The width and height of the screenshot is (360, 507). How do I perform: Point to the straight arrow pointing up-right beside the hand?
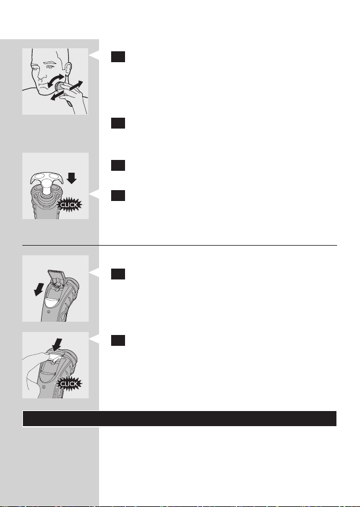[76, 85]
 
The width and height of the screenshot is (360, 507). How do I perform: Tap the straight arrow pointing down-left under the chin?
[57, 96]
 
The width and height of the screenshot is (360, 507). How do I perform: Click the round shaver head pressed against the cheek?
[60, 86]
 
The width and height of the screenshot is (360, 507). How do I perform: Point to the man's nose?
[40, 78]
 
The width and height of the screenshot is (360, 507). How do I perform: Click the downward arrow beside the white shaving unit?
[71, 178]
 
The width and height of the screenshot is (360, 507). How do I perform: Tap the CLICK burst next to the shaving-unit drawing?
[69, 205]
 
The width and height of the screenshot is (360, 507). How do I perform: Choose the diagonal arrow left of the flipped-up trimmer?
[39, 289]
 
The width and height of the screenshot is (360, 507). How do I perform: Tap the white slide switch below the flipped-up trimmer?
[51, 302]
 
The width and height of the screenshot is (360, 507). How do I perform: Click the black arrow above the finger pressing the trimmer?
[57, 345]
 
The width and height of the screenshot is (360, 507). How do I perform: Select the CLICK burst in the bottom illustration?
[69, 384]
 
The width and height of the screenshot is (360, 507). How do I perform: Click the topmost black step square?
[118, 57]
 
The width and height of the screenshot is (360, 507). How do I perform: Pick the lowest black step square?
[118, 340]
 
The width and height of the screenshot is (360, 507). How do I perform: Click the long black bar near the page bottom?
[179, 419]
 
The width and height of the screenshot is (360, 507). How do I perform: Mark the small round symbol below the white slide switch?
[48, 312]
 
